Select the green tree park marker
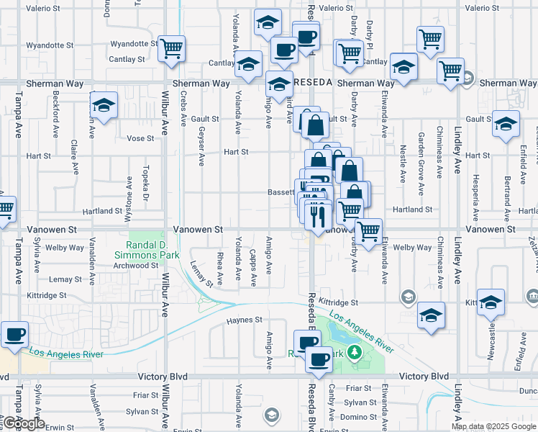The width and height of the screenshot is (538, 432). pyautogui.click(x=353, y=352)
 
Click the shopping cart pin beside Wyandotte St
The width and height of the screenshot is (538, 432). pyautogui.click(x=172, y=49)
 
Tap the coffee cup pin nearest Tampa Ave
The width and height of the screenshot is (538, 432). pyautogui.click(x=14, y=335)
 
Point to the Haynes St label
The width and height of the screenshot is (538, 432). pyautogui.click(x=242, y=320)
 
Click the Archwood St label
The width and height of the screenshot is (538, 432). pyautogui.click(x=136, y=265)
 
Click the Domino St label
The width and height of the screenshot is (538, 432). pyautogui.click(x=355, y=417)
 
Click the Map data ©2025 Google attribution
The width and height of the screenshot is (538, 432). pyautogui.click(x=493, y=426)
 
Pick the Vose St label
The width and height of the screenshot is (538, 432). pyautogui.click(x=140, y=138)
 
